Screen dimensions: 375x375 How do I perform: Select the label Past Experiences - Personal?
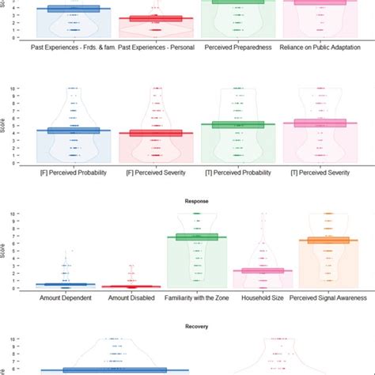[157, 46]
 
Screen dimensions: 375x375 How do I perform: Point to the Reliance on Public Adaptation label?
[320, 46]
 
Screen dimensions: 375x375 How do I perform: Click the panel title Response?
[197, 201]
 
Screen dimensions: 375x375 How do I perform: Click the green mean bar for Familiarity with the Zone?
[197, 237]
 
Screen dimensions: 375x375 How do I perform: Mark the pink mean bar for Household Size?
[263, 271]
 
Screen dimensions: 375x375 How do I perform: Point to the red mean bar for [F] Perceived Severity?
[157, 133]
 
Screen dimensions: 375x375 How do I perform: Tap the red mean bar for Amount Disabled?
[132, 286]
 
